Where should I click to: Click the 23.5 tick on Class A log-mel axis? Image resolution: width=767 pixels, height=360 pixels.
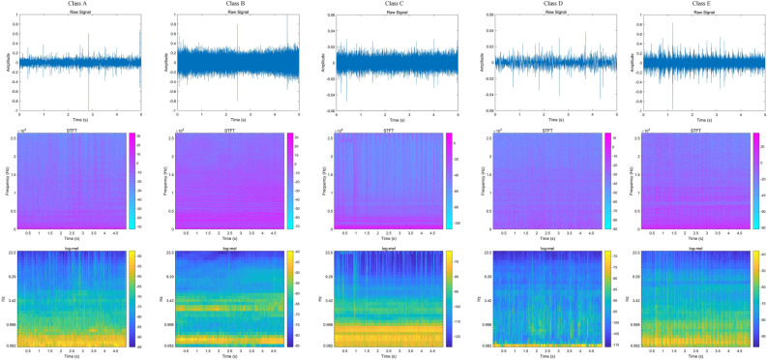[x=13, y=253]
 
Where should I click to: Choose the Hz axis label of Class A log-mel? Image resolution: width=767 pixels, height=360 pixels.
[x=4, y=298]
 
